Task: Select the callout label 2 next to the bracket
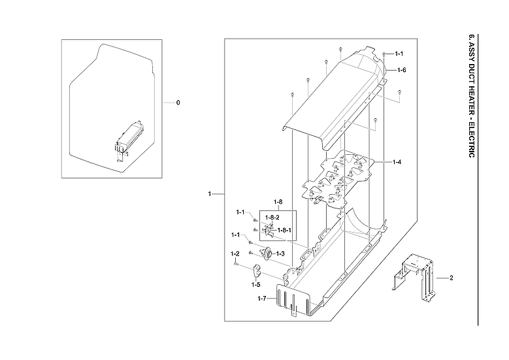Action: (x=451, y=278)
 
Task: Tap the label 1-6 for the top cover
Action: (x=401, y=69)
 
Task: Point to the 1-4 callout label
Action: (x=397, y=161)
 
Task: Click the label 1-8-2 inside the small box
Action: (x=272, y=216)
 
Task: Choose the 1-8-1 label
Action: (x=284, y=230)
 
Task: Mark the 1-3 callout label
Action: (x=280, y=254)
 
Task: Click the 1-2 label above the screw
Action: (x=235, y=254)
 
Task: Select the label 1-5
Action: (x=255, y=284)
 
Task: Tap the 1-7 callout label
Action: (x=261, y=299)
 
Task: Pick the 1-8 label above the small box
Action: (x=277, y=202)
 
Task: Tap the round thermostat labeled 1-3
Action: (x=267, y=254)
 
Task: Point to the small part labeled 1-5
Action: (x=256, y=268)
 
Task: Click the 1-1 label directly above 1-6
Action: (x=397, y=54)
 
